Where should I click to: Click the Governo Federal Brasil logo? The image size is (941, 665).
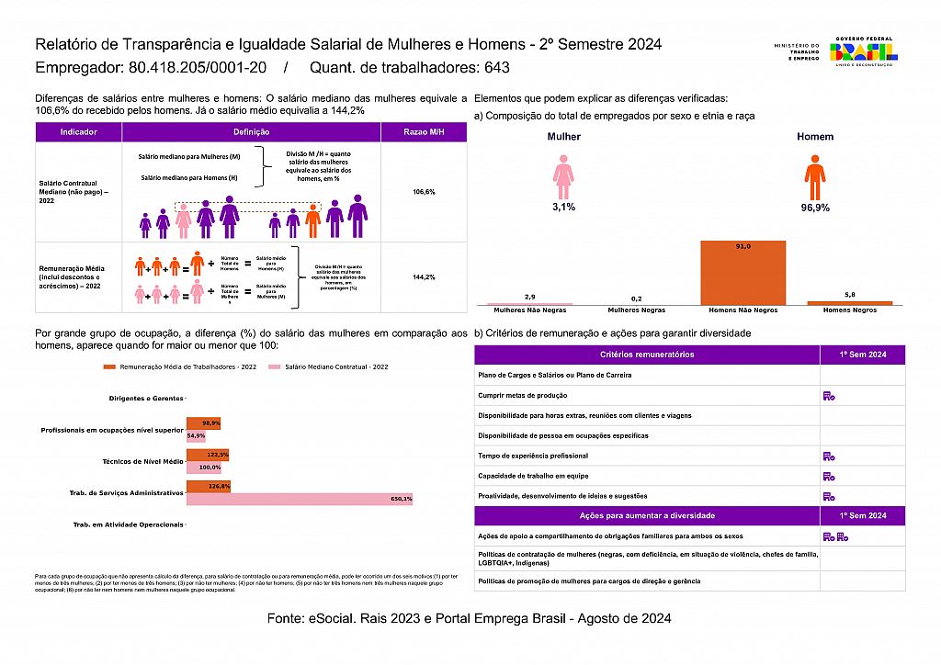point(863,51)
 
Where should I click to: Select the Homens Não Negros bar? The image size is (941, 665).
point(743,272)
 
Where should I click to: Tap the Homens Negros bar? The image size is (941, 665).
point(849,302)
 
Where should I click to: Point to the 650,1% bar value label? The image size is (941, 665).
point(402,499)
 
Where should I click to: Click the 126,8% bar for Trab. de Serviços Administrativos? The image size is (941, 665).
point(208,486)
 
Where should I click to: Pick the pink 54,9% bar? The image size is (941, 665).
point(196,435)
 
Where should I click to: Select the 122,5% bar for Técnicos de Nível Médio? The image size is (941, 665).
point(207,455)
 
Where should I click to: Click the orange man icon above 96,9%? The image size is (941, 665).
point(814,177)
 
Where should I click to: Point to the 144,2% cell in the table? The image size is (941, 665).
point(424,276)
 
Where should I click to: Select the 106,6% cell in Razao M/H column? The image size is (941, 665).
point(424,192)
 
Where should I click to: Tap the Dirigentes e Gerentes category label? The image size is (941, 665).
point(146,399)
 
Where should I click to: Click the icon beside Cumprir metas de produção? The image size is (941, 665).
point(829,396)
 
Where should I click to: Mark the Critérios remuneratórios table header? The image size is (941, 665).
point(647,355)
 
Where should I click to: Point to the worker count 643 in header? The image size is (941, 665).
point(496,68)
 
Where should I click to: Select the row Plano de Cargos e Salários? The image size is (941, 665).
point(647,375)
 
